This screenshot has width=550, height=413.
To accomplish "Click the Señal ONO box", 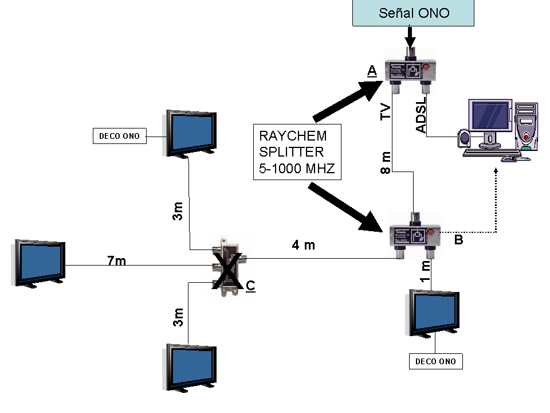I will coord(414,13).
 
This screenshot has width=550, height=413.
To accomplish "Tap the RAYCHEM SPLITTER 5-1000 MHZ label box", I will coord(297,152).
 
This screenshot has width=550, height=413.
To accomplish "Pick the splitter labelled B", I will coord(414,234).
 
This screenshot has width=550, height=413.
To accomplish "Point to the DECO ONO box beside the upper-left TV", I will coord(119,136).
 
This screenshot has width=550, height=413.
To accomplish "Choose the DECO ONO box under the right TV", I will coord(435,361).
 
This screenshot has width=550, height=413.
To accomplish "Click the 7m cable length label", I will coord(116,261).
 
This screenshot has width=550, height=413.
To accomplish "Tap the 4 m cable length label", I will coord(304,246).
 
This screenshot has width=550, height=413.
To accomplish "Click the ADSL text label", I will coord(421,119).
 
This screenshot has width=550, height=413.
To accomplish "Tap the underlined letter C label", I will coord(250,285).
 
